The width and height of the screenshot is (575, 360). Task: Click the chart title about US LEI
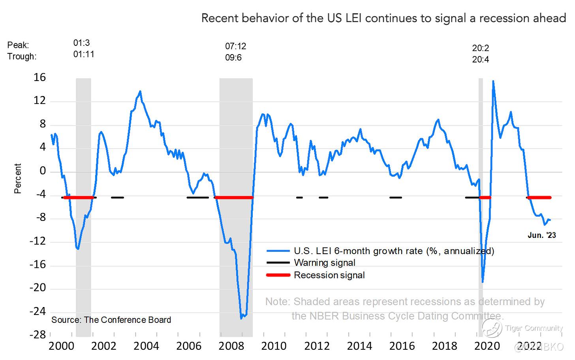pyautogui.click(x=383, y=18)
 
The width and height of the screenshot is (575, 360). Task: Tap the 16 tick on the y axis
pyautogui.click(x=40, y=77)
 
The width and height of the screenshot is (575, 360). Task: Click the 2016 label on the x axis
pyautogui.click(x=402, y=346)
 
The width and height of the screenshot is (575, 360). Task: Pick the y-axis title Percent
pyautogui.click(x=18, y=178)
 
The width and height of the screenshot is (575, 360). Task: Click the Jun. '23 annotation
pyautogui.click(x=542, y=236)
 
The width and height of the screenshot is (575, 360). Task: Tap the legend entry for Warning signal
pyautogui.click(x=324, y=263)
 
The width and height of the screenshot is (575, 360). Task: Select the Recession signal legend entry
pyautogui.click(x=329, y=275)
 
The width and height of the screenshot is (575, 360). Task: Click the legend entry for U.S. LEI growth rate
pyautogui.click(x=394, y=251)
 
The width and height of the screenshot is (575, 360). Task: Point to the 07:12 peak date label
pyautogui.click(x=236, y=46)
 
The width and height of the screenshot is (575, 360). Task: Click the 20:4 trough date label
pyautogui.click(x=481, y=60)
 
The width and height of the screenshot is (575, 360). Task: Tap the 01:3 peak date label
pyautogui.click(x=82, y=43)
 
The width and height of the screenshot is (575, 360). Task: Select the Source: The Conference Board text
pyautogui.click(x=111, y=320)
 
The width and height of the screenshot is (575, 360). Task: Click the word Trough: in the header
pyautogui.click(x=22, y=56)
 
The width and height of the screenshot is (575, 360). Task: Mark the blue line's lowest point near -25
pyautogui.click(x=241, y=318)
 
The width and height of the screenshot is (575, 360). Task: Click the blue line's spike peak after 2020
pyautogui.click(x=493, y=81)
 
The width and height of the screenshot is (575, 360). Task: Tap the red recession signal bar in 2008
pyautogui.click(x=233, y=197)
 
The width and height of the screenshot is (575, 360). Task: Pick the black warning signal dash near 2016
pyautogui.click(x=395, y=197)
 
